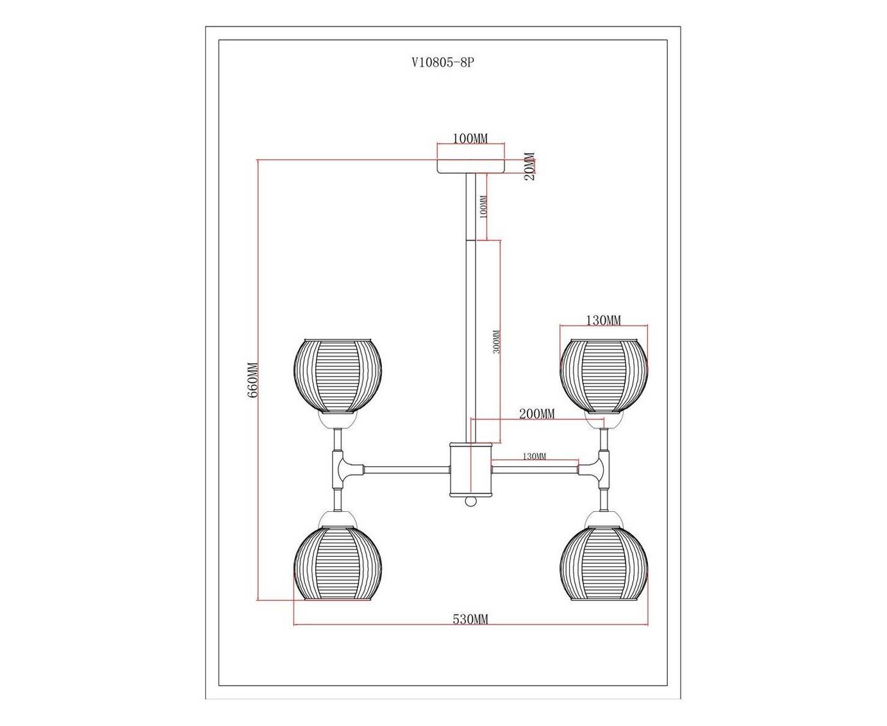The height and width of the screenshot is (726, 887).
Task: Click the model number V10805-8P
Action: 442,63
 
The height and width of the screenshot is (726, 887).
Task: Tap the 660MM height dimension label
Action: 253,380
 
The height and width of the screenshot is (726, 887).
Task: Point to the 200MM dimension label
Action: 536,414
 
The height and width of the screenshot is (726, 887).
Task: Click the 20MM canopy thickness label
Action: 531,166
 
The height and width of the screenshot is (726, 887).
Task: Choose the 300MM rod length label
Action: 496,341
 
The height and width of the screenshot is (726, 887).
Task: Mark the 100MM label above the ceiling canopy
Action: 470,139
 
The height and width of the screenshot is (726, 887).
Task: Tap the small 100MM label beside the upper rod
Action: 483,207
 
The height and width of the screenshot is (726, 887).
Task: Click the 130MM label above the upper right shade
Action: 603,321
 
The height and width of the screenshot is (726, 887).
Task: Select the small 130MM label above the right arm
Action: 534,456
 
